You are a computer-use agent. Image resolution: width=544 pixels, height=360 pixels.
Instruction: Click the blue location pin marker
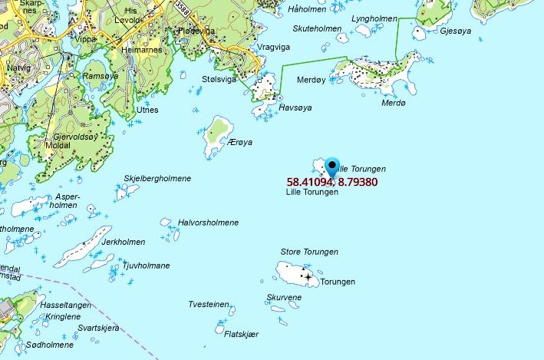[x=332, y=166]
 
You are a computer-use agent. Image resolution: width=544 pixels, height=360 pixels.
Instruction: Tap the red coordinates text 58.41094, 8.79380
[x=332, y=182]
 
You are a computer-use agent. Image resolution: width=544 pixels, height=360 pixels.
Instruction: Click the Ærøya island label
[x=240, y=143]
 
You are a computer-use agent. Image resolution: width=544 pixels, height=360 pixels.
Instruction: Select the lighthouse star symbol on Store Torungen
[x=308, y=276]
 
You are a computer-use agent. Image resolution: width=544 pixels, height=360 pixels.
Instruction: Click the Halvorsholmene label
[x=208, y=223]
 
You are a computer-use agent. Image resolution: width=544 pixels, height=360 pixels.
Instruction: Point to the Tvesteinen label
[x=209, y=305]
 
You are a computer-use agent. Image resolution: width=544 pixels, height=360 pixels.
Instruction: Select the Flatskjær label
[x=242, y=334]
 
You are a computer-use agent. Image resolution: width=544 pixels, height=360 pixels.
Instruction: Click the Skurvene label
[x=284, y=297]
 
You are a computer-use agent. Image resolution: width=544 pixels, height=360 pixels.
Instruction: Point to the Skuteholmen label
[x=317, y=29]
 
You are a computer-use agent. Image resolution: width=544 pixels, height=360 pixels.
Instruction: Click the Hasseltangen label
[x=65, y=305]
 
